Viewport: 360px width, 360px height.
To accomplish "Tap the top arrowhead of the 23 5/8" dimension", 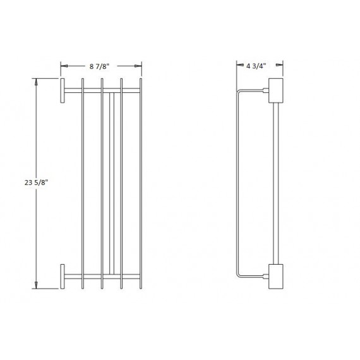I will click(36, 80).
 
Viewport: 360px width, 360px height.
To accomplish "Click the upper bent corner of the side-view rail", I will click(239, 93).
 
